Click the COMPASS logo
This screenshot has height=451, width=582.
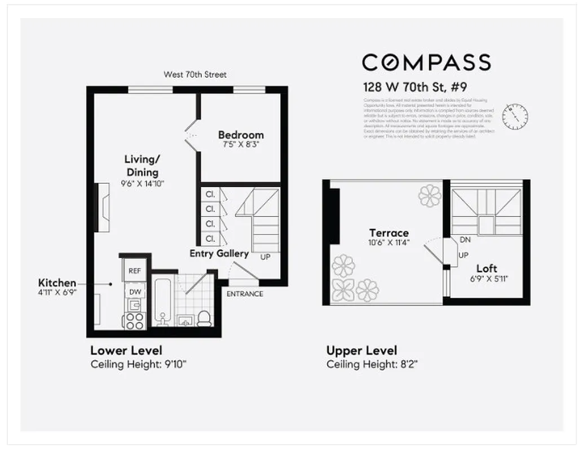pos(426,62)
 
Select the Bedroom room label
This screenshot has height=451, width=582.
pos(241,135)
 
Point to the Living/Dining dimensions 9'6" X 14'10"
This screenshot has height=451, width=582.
pos(142,183)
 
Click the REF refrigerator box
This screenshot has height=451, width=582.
pos(135,271)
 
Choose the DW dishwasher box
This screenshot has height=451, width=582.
pos(135,291)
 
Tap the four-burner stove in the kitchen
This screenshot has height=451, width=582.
pos(135,320)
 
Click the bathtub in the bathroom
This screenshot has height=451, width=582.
pos(163,302)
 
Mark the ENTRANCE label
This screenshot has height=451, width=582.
pos(245,294)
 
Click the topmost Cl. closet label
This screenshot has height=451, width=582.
pos(210,194)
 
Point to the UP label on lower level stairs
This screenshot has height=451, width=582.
pos(265,257)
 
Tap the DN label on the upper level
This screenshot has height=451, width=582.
pos(465,240)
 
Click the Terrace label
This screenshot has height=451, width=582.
pos(389,233)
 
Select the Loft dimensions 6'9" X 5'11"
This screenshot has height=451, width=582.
pos(486,278)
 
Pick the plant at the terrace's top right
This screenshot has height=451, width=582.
pos(430,196)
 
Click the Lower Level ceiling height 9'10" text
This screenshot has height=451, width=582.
pos(139,364)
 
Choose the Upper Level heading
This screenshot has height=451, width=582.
pos(361,351)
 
